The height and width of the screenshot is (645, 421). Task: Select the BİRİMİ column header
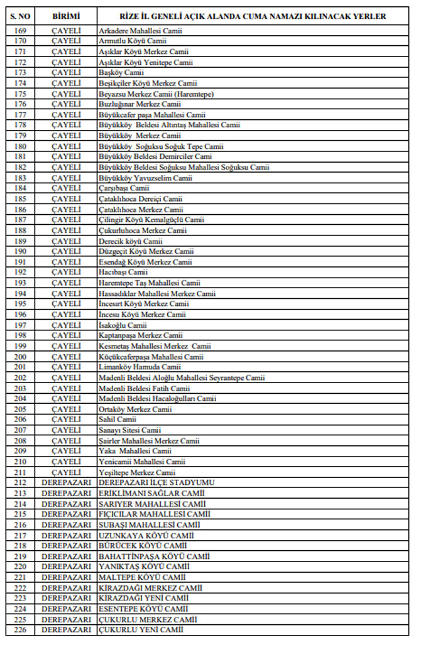pos(66,16)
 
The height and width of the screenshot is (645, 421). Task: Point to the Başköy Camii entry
pos(117,72)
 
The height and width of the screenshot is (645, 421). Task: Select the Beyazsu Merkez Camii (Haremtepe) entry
pos(156,94)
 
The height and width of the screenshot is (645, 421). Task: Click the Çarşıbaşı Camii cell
pos(124,188)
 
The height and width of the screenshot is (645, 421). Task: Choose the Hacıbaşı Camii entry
pos(123,273)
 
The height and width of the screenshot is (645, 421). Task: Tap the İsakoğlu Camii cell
pos(123,325)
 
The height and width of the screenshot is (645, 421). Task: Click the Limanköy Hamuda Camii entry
pos(139,367)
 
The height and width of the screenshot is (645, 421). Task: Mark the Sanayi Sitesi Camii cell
pos(129,430)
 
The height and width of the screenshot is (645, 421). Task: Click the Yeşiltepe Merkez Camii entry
pos(137,472)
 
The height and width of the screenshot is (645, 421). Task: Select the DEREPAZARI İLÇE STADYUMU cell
pos(156,483)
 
